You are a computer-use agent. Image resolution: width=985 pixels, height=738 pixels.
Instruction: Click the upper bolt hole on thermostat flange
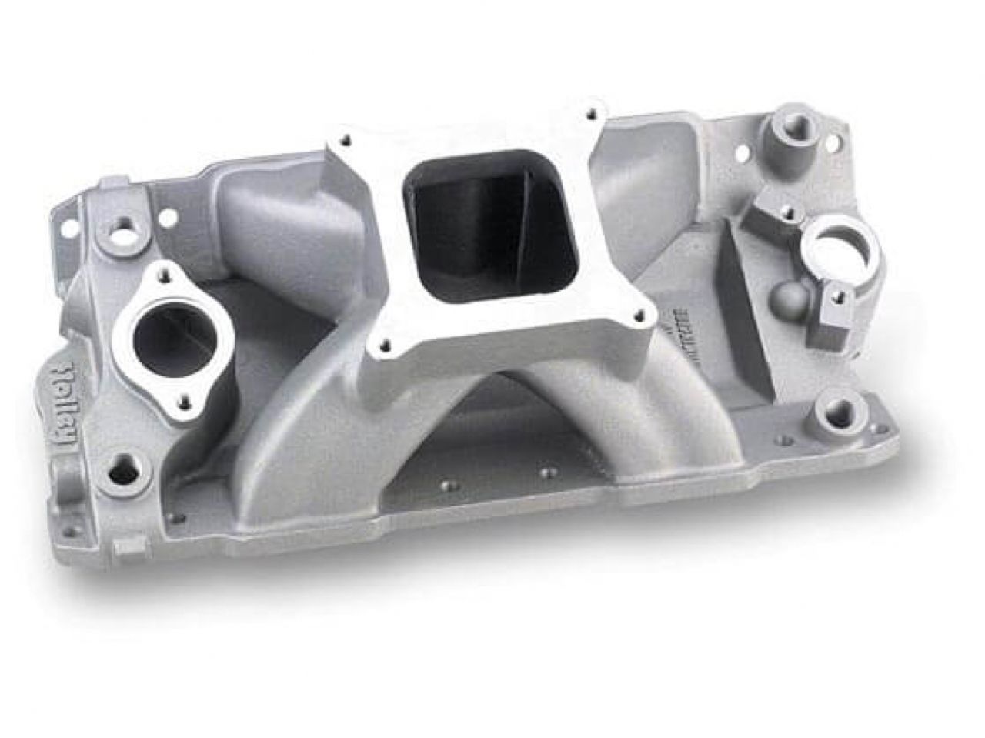[x=163, y=271]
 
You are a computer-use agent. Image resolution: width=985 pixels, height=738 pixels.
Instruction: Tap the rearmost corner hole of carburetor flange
[x=591, y=114]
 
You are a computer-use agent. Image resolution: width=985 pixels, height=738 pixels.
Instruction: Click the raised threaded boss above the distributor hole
[x=783, y=123]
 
